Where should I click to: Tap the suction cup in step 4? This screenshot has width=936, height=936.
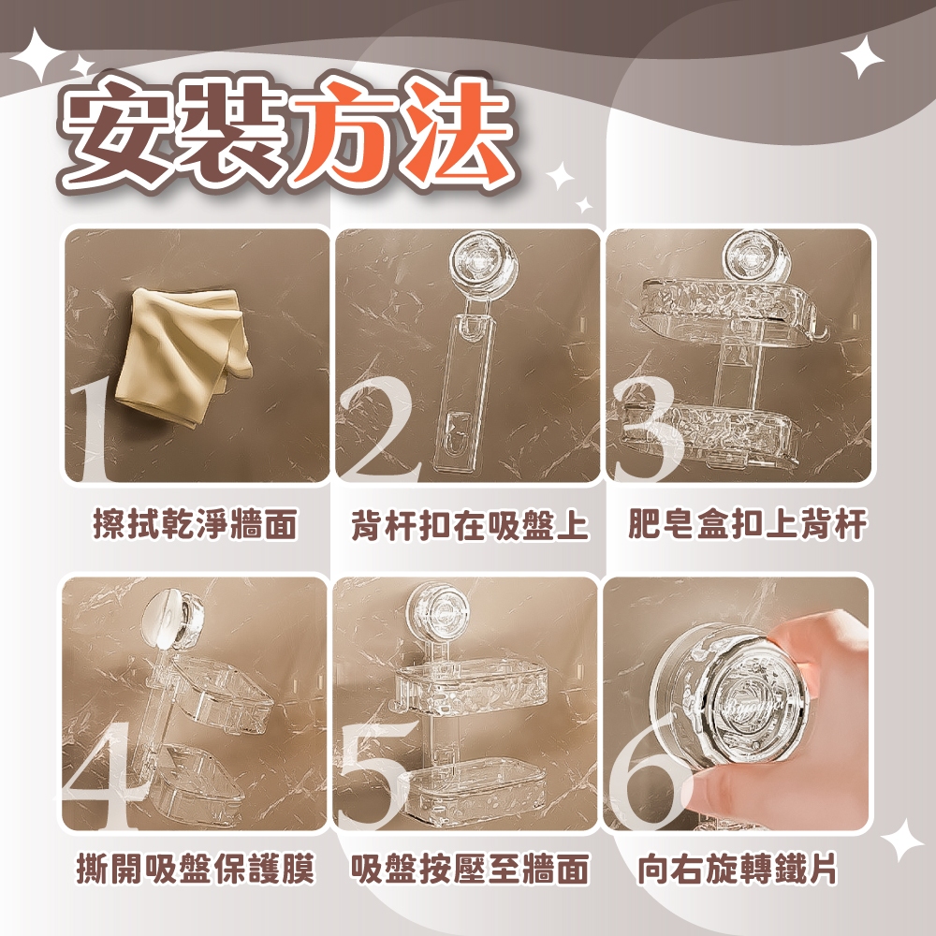(174, 621)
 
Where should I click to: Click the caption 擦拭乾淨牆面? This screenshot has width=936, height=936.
(196, 525)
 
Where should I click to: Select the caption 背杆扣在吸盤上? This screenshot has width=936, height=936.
(470, 525)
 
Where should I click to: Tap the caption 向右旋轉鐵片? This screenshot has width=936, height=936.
(738, 869)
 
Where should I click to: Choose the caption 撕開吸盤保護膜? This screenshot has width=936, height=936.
(196, 869)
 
